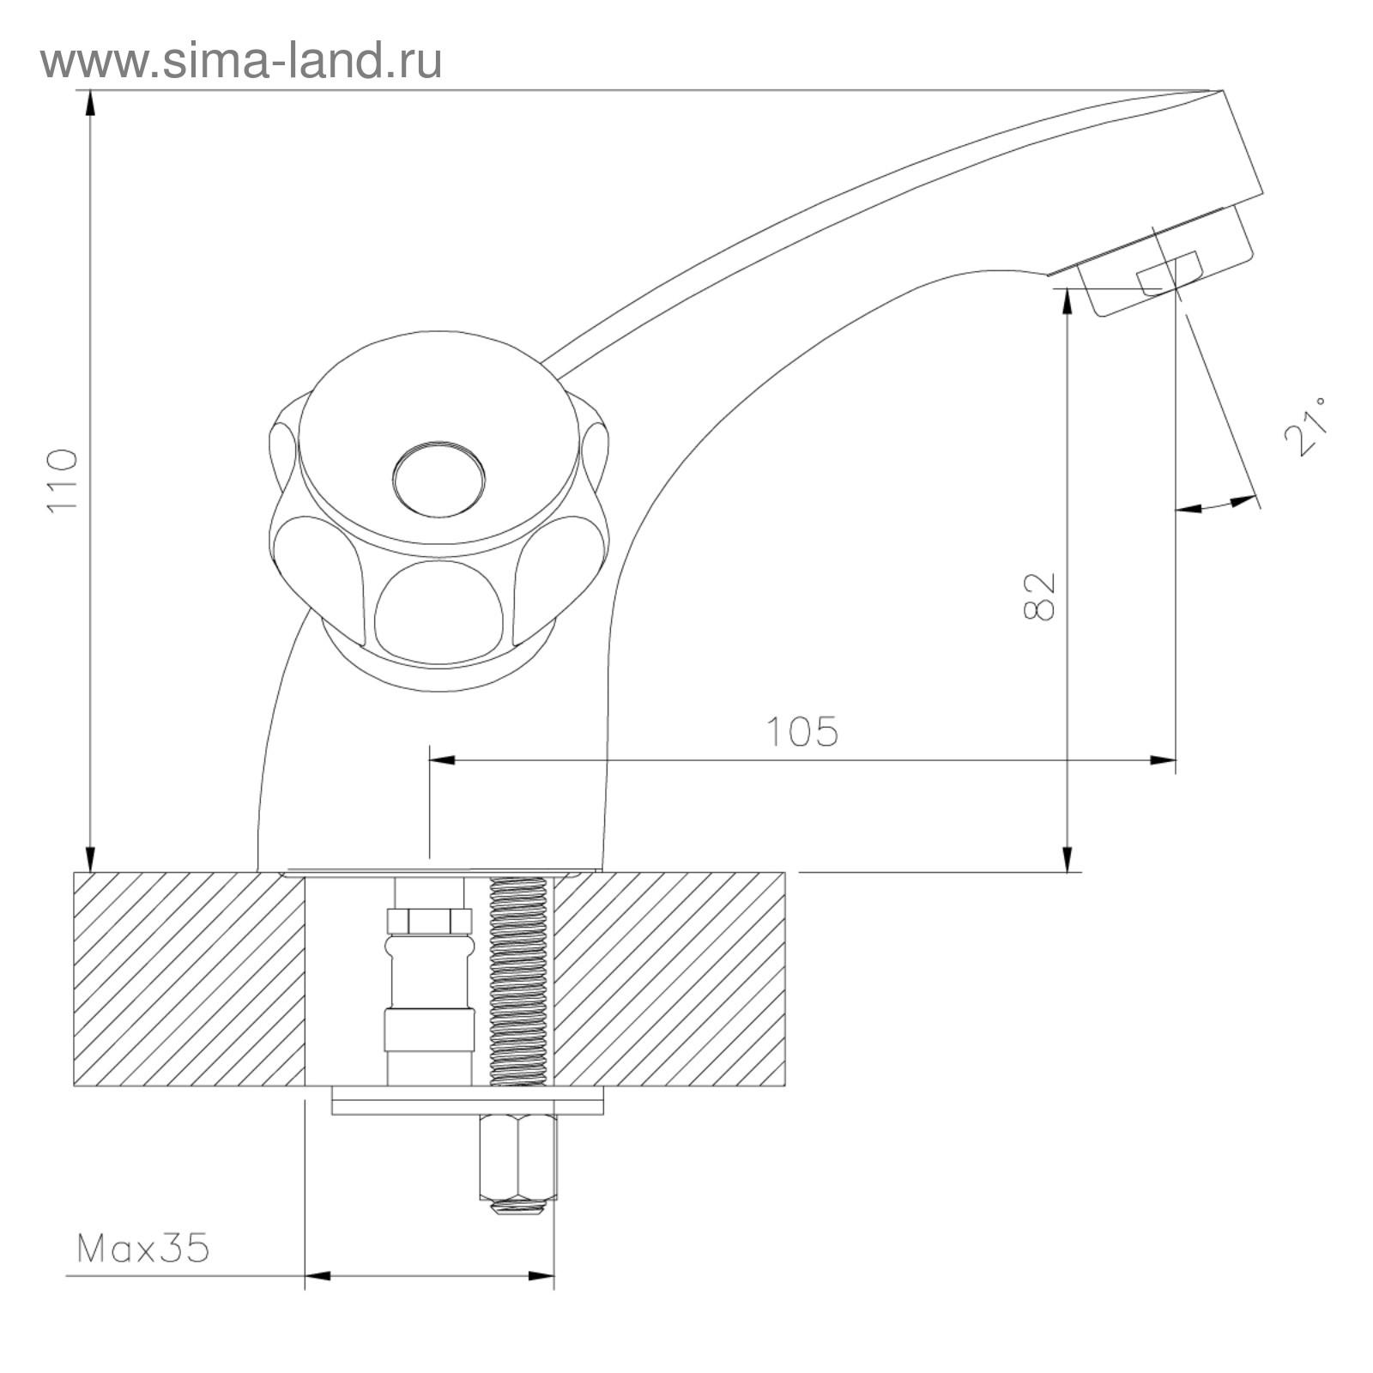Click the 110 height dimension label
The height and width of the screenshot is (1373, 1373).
[x=63, y=479]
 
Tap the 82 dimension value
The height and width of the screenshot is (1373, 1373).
[x=1039, y=596]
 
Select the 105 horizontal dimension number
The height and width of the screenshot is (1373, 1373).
[x=801, y=732]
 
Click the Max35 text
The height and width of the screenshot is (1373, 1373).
[x=142, y=1249]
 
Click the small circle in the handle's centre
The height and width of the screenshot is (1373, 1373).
[x=439, y=479]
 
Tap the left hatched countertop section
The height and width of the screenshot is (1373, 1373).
[x=189, y=979]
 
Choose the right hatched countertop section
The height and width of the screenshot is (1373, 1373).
[x=669, y=979]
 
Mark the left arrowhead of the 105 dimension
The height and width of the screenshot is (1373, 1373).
[x=441, y=759]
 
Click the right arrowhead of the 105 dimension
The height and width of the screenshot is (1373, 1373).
[x=1164, y=759]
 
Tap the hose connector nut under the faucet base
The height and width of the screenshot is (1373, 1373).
[x=429, y=921]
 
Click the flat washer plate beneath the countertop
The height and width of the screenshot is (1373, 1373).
[x=468, y=1101]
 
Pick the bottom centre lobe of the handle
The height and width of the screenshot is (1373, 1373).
[x=439, y=614]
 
